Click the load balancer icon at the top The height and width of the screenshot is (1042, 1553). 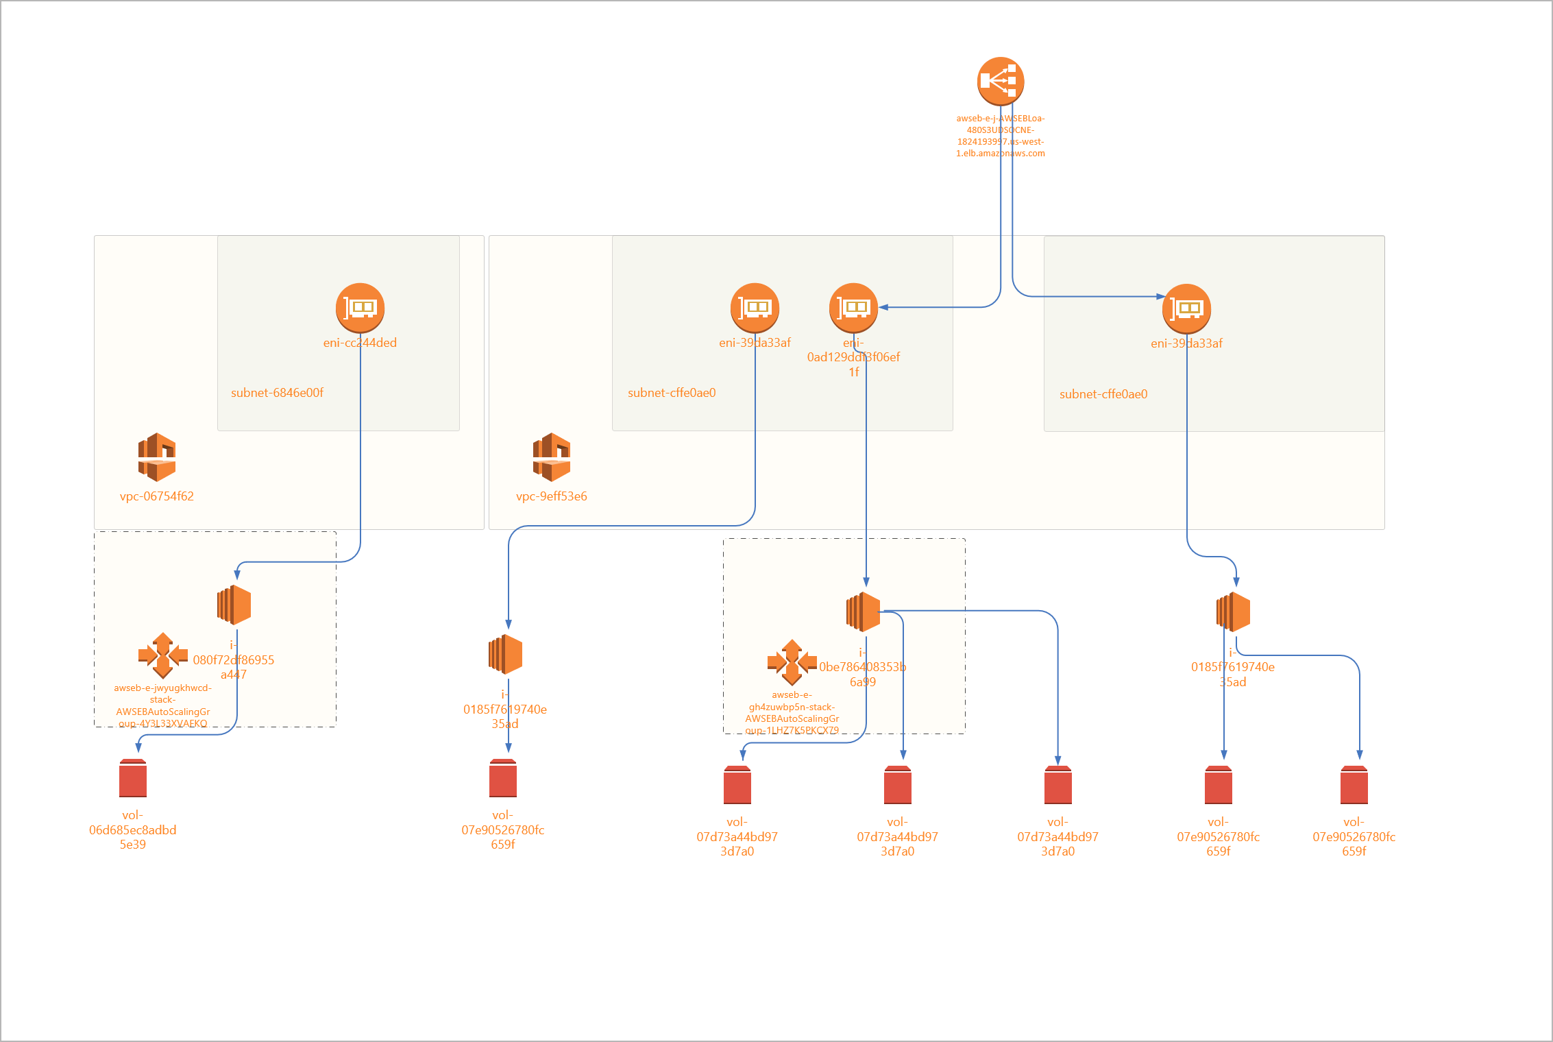pos(1001,81)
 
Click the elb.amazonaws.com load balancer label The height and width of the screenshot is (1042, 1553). pos(1001,136)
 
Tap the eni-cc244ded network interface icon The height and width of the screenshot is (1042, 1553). pos(360,308)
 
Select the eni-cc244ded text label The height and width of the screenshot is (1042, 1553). pos(360,343)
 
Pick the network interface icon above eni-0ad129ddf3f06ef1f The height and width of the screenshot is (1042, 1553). pos(853,308)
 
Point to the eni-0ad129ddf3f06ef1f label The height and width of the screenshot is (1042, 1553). pos(853,357)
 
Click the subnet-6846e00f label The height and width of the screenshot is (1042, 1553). pos(277,393)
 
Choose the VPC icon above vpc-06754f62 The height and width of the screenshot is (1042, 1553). pos(157,457)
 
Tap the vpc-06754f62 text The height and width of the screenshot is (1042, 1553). pos(157,496)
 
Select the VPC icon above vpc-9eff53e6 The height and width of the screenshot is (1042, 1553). pos(552,457)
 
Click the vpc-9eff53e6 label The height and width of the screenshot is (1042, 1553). pos(552,496)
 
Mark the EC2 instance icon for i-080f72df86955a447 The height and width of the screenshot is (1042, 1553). pos(234,605)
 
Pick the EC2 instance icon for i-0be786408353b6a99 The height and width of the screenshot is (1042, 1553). pos(864,611)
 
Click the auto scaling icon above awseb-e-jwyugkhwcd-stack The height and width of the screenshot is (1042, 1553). pos(163,655)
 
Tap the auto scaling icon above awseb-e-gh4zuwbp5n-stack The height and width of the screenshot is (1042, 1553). pos(792,662)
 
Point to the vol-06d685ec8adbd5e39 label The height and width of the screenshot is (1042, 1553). pos(133,829)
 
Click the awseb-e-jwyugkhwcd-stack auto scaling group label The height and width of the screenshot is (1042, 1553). pos(162,705)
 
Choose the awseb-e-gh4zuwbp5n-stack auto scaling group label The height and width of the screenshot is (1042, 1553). pos(792,712)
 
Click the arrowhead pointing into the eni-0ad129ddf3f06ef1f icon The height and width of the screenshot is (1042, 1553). pos(884,308)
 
